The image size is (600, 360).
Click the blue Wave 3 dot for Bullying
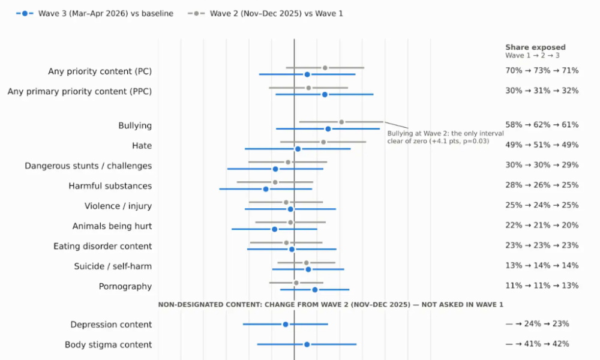tap(328, 129)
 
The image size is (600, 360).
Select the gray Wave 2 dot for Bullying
tap(341, 122)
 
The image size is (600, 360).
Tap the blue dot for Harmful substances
tap(266, 189)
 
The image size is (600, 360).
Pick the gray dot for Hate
tap(323, 142)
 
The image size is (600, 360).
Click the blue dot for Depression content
tap(286, 325)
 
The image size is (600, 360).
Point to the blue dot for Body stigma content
tap(307, 344)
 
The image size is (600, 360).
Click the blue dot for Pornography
tap(315, 290)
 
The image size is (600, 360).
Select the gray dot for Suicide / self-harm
tap(306, 263)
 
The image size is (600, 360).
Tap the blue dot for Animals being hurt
tap(274, 229)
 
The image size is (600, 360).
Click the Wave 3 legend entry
tap(95, 13)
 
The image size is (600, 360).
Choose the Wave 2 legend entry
tap(265, 13)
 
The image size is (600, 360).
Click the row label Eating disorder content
tap(103, 246)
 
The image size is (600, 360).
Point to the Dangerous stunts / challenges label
tap(88, 166)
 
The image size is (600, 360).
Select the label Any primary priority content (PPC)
tap(80, 91)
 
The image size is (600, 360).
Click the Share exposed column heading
tap(535, 47)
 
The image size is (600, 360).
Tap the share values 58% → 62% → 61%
tap(542, 125)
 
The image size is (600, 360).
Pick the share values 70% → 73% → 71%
tap(542, 70)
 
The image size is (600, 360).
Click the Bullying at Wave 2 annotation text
tap(445, 137)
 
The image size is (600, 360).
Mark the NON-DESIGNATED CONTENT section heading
tap(331, 305)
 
